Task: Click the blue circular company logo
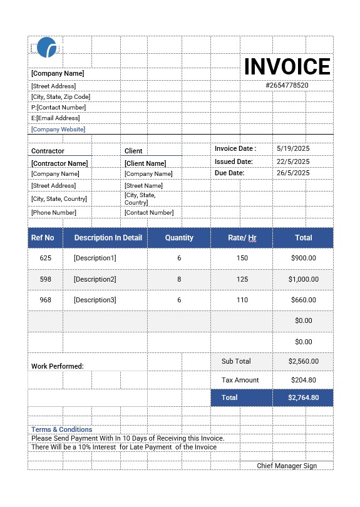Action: coord(47,48)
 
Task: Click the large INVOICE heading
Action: coord(287,67)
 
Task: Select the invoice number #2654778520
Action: coord(287,85)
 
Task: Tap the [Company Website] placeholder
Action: coord(58,130)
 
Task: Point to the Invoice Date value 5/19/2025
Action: coord(293,149)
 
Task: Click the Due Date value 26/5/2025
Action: coord(293,173)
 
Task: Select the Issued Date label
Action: coord(234,161)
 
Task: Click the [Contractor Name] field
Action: coord(59,163)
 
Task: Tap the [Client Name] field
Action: coord(145,163)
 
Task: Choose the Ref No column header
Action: coord(43,238)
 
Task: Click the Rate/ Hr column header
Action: coord(242,238)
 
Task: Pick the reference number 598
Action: coord(45,279)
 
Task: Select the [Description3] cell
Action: coord(95,300)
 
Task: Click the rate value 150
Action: coord(242,258)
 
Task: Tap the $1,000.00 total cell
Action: coord(304,279)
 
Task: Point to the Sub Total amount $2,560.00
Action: coord(304,361)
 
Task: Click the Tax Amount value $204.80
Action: coord(304,380)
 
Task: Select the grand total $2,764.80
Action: coord(304,397)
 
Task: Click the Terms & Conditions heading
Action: coord(62,429)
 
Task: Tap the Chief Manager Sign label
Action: coord(287,466)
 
